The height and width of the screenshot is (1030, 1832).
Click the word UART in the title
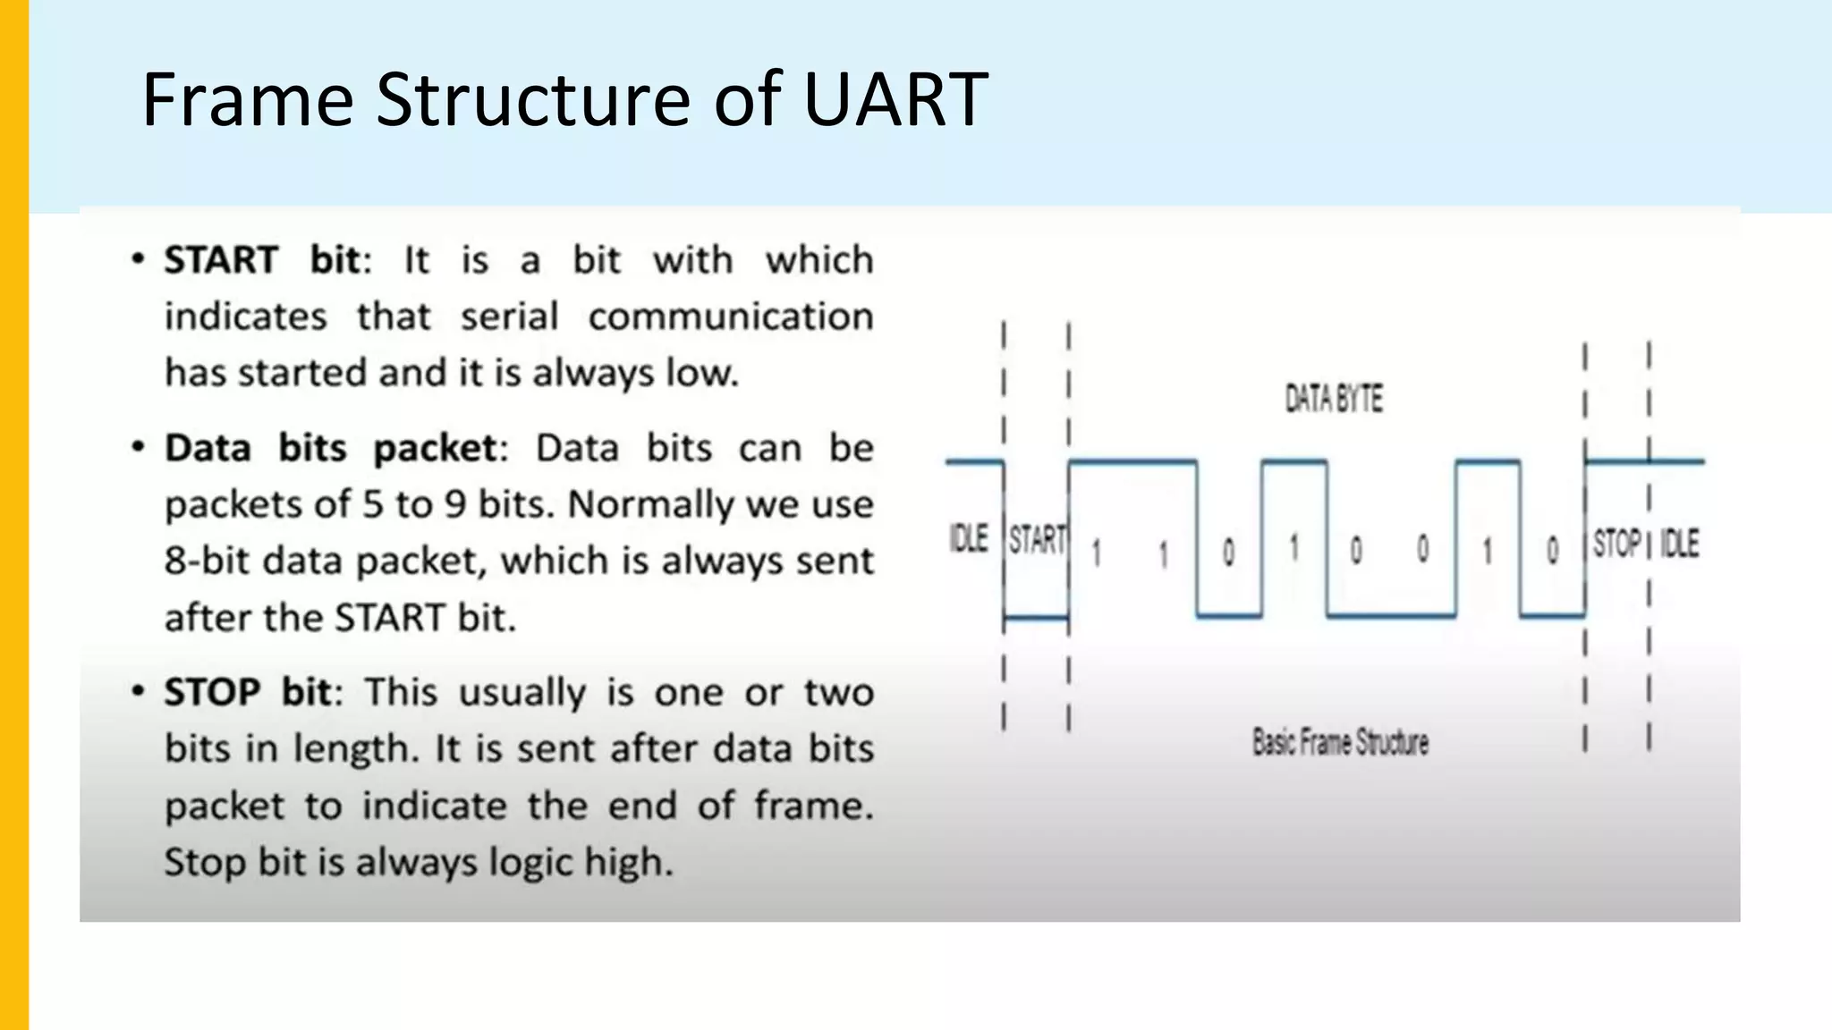tap(895, 99)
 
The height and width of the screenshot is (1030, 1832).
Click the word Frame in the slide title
tap(248, 99)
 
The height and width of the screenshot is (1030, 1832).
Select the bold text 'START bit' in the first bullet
tap(262, 260)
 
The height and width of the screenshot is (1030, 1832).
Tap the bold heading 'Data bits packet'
tap(331, 448)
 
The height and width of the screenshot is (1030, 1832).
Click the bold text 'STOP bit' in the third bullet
tap(248, 693)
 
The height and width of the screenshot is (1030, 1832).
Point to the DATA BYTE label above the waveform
tap(1333, 399)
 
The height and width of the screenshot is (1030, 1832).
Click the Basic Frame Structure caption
tap(1339, 742)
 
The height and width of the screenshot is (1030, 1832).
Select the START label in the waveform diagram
tap(1037, 540)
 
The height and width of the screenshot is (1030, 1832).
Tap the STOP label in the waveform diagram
tap(1616, 544)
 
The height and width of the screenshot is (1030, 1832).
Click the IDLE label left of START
tap(968, 539)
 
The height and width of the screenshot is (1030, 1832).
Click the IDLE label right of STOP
tap(1679, 544)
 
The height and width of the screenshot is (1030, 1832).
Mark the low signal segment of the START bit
tap(1036, 617)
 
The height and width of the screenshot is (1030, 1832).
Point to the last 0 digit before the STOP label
tap(1553, 551)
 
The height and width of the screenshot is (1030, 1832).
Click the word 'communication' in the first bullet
tap(730, 317)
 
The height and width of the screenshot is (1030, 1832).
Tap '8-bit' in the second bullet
tap(208, 561)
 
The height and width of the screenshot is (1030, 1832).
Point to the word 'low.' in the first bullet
tap(702, 373)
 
